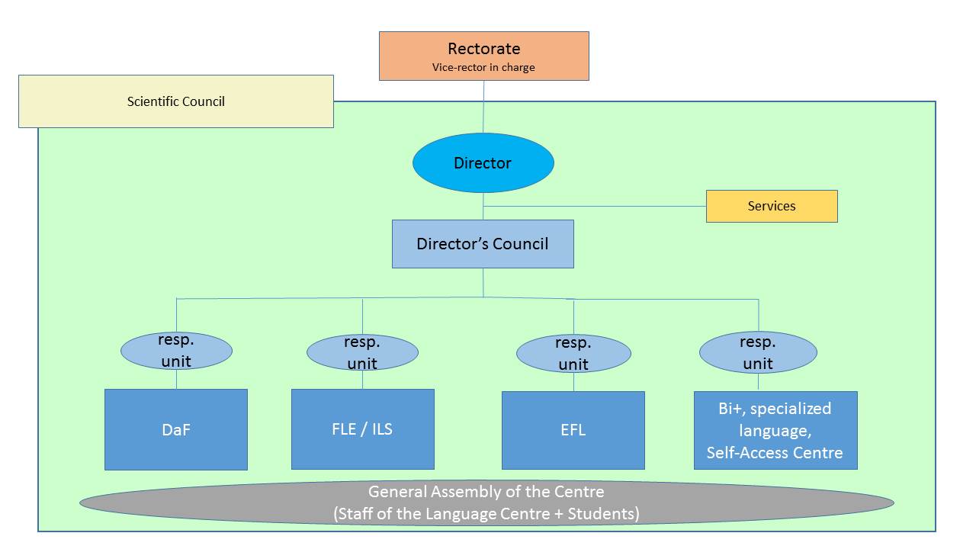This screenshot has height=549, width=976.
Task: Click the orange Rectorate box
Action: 483,56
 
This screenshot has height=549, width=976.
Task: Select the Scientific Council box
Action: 176,101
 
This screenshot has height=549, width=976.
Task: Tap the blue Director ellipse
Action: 483,162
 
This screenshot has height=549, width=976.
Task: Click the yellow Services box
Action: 772,206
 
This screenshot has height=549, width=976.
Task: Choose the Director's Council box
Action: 483,243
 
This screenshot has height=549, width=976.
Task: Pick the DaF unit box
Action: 176,429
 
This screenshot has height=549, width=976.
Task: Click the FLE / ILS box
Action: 362,429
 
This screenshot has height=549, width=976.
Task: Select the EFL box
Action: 573,430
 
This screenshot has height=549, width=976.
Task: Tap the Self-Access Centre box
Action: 775,430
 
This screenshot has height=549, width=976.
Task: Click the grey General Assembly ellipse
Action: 486,502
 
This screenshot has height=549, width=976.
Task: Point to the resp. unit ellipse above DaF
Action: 176,351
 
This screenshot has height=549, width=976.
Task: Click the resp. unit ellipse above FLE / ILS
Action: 362,352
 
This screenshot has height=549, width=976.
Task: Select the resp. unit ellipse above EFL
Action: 573,353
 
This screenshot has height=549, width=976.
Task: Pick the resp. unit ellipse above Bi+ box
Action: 758,352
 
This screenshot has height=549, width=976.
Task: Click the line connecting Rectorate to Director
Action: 483,107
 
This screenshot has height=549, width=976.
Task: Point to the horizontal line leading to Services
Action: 595,206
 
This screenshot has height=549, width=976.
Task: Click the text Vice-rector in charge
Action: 483,68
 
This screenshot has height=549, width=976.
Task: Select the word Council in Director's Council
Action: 520,244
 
